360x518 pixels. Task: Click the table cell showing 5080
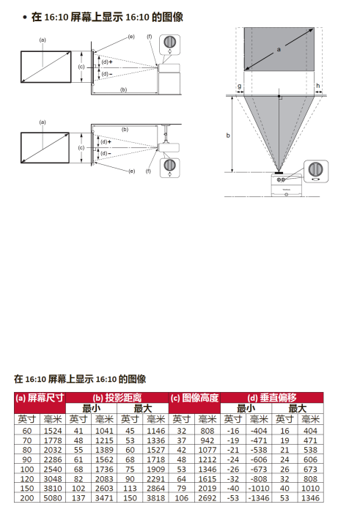click(x=53, y=497)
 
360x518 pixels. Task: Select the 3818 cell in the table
click(x=155, y=497)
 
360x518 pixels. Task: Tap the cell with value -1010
click(x=259, y=488)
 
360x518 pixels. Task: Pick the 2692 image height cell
click(x=207, y=497)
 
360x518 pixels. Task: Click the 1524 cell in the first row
click(x=53, y=431)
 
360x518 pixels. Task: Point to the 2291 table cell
click(x=155, y=478)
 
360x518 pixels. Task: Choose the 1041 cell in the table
click(x=104, y=431)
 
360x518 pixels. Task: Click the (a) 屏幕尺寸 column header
click(x=40, y=398)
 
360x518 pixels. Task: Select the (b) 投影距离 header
click(x=117, y=398)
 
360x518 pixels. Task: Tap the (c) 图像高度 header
click(x=194, y=398)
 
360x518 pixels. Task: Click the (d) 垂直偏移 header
click(x=272, y=398)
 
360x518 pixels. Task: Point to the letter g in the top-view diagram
click(x=240, y=86)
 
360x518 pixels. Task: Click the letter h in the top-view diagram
click(x=318, y=86)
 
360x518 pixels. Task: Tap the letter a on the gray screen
click(x=279, y=50)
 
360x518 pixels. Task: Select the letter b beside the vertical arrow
click(x=228, y=136)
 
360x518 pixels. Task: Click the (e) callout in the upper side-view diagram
click(x=131, y=37)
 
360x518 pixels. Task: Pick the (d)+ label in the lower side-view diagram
click(x=106, y=142)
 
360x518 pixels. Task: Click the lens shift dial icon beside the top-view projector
click(x=316, y=171)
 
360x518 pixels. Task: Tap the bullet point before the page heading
click(x=25, y=18)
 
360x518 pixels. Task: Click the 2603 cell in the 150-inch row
click(x=104, y=488)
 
